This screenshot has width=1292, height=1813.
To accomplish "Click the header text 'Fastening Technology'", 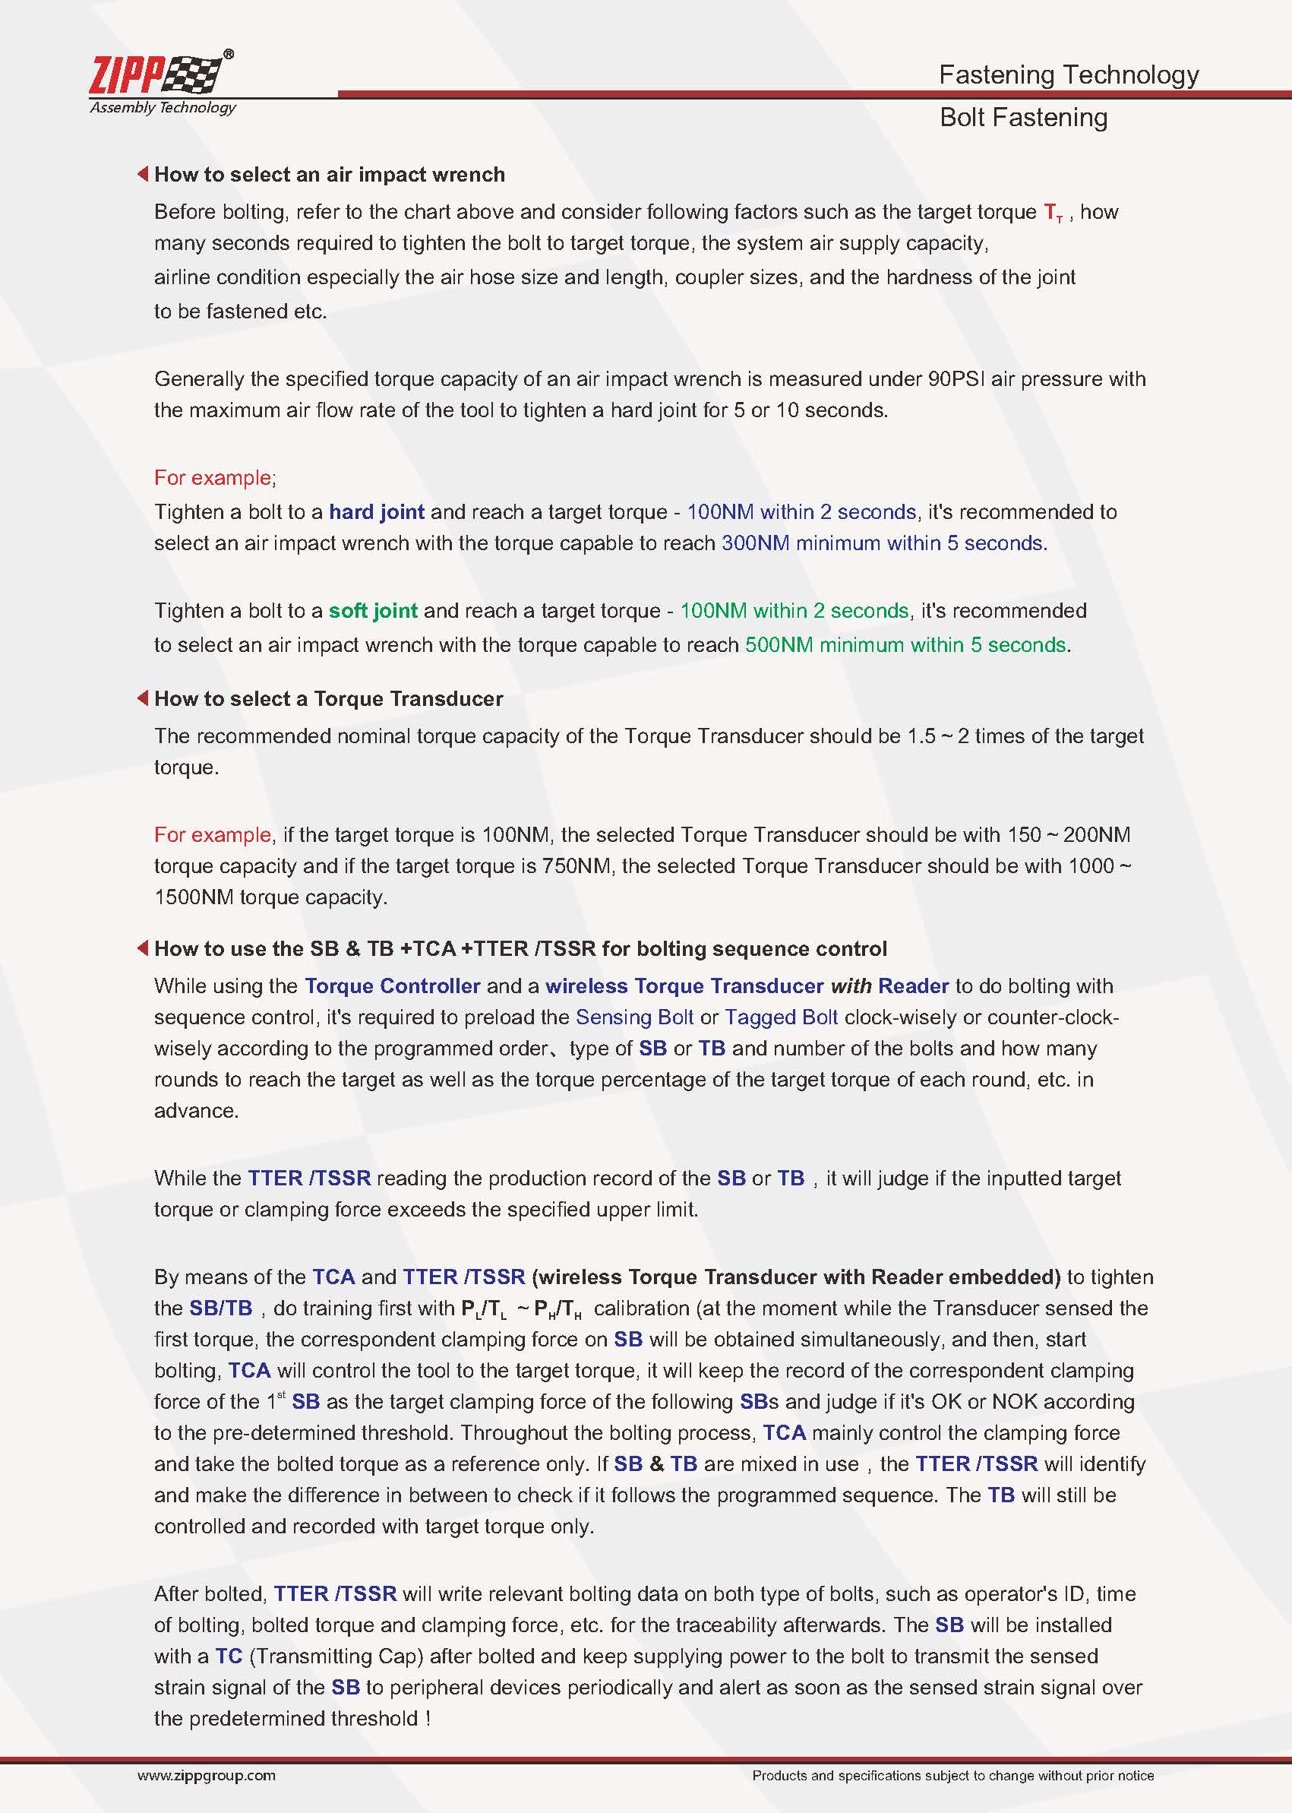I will pos(1068,74).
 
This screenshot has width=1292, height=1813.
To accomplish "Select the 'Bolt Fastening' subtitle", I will pos(1022,118).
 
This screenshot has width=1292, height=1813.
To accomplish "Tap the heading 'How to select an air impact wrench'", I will pos(330,175).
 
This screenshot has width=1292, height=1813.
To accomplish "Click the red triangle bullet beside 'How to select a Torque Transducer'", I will pos(142,698).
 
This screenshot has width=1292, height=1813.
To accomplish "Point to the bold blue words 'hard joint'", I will pos(376,511).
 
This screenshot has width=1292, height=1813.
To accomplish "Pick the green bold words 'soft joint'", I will pos(372,610).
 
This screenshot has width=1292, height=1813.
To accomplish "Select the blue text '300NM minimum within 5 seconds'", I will pos(883,543).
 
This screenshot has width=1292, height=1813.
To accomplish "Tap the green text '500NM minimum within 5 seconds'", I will pos(905,644).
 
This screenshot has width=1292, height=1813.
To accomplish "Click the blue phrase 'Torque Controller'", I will pos(392,986).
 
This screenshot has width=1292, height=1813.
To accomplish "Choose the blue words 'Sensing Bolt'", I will pos(634,1017).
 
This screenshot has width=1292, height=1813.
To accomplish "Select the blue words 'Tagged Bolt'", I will pos(781,1017).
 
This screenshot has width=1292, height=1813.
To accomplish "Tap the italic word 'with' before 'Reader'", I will pos(851,986).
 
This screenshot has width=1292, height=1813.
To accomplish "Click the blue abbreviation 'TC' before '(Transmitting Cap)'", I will pos(229,1656).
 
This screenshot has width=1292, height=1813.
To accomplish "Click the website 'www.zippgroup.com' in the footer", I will pos(206,1776).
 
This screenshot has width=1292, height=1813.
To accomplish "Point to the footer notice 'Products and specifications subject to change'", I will pos(952,1776).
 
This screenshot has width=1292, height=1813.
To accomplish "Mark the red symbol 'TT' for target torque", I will pos(1053,214).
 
